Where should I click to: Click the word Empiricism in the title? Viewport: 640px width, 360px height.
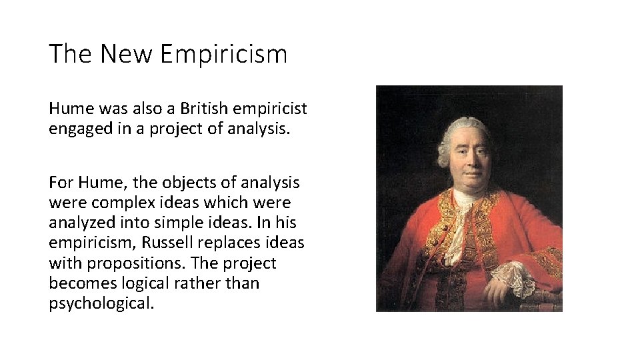pos(225,54)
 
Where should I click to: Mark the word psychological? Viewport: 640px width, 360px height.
pos(101,304)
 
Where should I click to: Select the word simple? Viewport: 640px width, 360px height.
pos(184,223)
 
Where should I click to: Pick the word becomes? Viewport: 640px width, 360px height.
pos(77,283)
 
